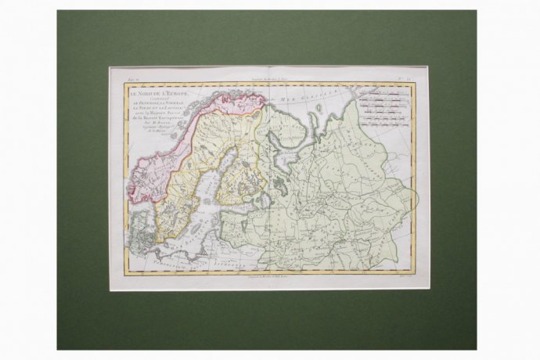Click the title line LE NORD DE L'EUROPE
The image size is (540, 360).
(x=149, y=92)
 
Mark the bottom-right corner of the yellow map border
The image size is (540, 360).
(x=414, y=272)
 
